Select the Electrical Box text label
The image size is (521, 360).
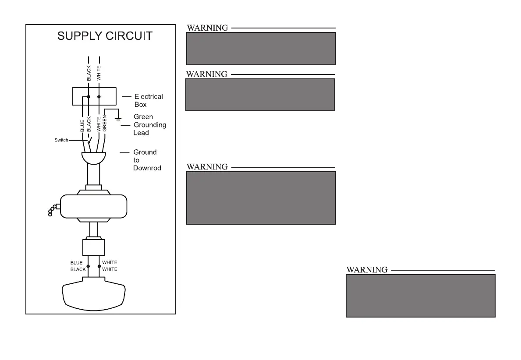pos(148,100)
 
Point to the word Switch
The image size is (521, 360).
pos(61,140)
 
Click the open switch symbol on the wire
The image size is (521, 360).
pos(90,141)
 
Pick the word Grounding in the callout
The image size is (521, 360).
pos(149,125)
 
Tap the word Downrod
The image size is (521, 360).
pos(147,168)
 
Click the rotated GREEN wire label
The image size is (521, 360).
pos(104,123)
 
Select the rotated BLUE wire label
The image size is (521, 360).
pos(82,126)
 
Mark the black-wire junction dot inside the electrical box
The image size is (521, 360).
pos(89,96)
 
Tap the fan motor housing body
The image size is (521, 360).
pos(93,206)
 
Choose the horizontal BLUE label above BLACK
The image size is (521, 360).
pos(77,263)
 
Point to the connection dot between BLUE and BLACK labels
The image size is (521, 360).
pos(88,266)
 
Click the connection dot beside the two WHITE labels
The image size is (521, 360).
pos(99,266)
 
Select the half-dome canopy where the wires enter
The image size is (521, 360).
pos(94,157)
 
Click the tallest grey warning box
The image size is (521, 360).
pos(261,198)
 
